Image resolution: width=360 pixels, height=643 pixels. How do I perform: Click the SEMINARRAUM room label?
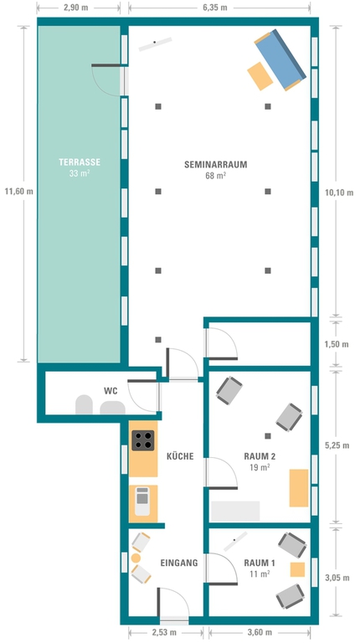click(x=215, y=164)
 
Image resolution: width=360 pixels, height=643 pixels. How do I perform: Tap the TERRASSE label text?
click(x=80, y=162)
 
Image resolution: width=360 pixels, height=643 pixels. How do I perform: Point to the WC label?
click(x=111, y=391)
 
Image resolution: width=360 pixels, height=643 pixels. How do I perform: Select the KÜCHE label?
click(x=180, y=455)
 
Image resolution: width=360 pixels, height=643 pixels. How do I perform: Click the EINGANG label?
click(x=179, y=563)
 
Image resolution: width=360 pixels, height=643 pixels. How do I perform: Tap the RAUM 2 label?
click(x=260, y=456)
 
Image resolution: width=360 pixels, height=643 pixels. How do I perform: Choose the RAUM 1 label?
click(x=260, y=563)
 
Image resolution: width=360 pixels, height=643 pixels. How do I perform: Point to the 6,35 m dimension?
click(x=215, y=8)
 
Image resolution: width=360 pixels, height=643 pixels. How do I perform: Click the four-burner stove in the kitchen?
click(x=142, y=440)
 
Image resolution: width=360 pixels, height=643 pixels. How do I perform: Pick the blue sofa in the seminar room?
click(x=280, y=60)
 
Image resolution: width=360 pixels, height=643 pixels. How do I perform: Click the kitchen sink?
click(x=142, y=501)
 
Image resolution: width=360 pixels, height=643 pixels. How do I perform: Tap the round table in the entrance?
click(x=136, y=558)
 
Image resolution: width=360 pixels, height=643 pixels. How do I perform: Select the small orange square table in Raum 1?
click(x=297, y=569)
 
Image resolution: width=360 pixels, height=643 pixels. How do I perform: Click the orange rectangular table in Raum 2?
click(x=299, y=488)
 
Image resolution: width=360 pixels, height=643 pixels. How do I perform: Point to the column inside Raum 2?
click(x=268, y=436)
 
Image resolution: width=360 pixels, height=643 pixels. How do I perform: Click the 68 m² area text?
click(x=215, y=176)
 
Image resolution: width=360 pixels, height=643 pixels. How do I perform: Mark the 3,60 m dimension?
click(x=260, y=632)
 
